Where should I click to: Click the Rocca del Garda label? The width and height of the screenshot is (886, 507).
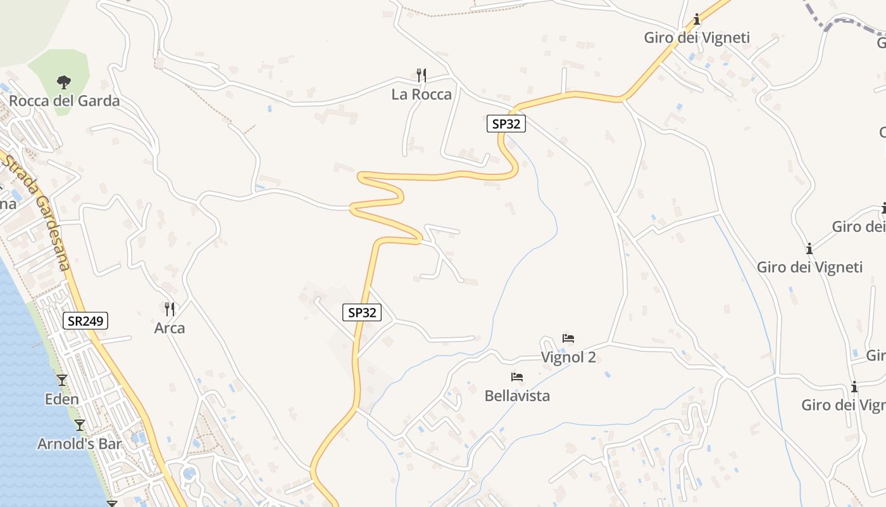point(64,101)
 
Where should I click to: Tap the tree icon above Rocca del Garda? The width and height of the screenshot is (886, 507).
point(63,82)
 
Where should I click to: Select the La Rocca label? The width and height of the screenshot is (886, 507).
point(421,94)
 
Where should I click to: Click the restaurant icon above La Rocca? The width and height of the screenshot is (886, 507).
point(421,75)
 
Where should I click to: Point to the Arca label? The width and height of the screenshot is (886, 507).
point(170,328)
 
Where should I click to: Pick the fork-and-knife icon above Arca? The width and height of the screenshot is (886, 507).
point(170,309)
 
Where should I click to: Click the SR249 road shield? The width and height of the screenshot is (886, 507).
point(86,321)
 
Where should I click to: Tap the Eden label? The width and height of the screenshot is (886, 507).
point(62,399)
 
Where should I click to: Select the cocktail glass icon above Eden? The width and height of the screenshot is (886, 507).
point(62,380)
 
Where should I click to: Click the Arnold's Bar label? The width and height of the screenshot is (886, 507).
point(79,444)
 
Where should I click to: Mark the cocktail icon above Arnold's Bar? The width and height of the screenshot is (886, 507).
point(80,425)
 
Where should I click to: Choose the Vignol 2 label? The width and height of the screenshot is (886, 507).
point(568,357)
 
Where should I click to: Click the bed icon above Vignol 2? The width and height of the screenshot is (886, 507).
point(568,338)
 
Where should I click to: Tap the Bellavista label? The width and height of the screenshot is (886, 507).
point(517,396)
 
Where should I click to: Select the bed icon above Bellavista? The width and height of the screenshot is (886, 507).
point(517,377)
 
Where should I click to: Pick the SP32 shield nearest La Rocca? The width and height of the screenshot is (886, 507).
point(506,124)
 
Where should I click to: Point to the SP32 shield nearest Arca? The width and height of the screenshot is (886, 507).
point(363,312)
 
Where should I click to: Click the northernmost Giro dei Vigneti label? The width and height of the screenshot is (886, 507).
point(697,37)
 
